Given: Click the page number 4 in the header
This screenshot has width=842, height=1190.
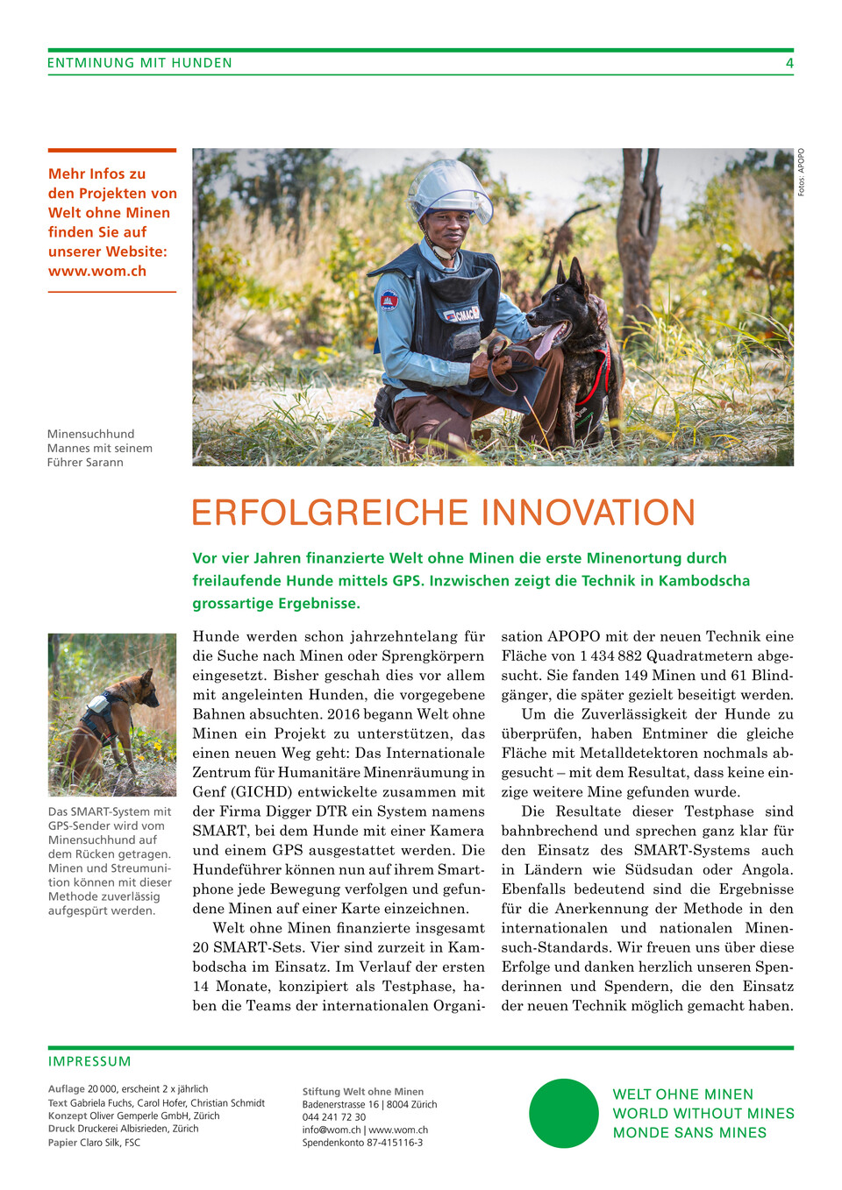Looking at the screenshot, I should point(789,63).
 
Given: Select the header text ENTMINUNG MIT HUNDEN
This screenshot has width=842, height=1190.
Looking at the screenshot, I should point(139,63).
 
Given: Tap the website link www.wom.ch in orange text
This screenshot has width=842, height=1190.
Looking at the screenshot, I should point(97,271).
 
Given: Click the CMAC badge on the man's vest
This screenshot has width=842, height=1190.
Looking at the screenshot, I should point(462,314).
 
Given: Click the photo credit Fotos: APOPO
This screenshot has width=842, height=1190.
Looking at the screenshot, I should point(801,172).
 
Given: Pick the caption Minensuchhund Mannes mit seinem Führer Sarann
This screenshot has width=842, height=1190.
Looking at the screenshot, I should point(100,448).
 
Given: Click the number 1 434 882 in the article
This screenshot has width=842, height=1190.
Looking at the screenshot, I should point(610,655).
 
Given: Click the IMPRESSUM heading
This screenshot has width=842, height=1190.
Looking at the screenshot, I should point(89,1061).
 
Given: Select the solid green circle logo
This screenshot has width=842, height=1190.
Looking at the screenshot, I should point(564,1113).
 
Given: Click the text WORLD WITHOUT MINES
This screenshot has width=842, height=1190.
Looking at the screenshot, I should point(703,1113).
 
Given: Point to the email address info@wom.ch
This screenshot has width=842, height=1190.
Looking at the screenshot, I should point(332,1130).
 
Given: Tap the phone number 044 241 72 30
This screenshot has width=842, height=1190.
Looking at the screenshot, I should point(334,1117).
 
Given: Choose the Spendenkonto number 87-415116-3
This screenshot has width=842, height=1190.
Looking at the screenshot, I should point(389,1143).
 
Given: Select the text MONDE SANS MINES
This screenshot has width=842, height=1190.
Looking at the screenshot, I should point(689,1132).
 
